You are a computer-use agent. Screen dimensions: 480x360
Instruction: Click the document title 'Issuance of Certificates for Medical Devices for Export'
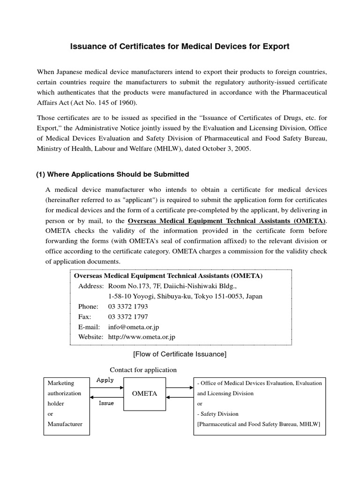(180, 46)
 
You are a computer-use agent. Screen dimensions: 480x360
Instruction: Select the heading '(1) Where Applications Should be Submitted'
(112, 174)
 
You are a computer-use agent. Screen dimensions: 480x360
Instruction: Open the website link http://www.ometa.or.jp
(142, 337)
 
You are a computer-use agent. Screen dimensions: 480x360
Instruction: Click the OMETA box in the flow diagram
(144, 393)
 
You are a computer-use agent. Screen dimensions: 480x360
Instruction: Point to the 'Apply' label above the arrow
(105, 380)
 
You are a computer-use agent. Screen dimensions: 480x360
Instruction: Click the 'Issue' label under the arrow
(106, 404)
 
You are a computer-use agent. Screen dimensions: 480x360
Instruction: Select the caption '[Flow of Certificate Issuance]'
(180, 354)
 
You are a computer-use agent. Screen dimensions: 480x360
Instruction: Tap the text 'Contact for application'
(143, 370)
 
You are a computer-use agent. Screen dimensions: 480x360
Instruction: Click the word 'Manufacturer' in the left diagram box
(65, 424)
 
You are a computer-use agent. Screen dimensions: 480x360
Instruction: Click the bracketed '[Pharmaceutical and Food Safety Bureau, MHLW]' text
(258, 424)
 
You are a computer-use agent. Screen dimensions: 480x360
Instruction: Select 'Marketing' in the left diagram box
(61, 383)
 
